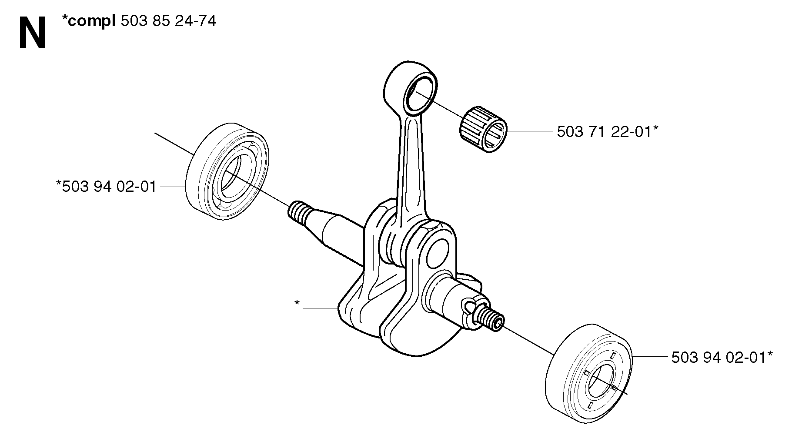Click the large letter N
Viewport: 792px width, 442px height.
(33, 34)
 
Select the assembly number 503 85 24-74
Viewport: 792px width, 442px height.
(168, 21)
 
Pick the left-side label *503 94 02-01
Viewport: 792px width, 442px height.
(106, 187)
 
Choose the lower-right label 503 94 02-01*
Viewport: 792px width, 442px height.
(722, 358)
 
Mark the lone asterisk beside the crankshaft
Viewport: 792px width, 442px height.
(297, 303)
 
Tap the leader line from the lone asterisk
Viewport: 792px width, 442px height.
(321, 308)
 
